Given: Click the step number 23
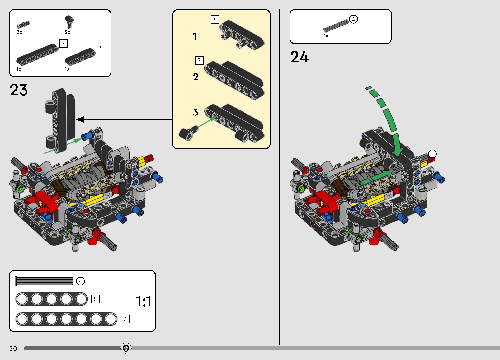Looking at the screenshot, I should tap(19, 90).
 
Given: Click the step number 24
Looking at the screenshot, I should tap(300, 57).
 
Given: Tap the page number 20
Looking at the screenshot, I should tap(13, 348).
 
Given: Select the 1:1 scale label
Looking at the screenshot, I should tap(144, 302).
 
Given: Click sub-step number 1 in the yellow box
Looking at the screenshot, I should tap(195, 36).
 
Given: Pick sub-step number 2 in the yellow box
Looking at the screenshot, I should tap(196, 77).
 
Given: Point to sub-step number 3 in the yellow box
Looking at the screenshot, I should tap(196, 112).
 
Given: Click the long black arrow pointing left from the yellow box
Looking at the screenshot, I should tap(125, 119).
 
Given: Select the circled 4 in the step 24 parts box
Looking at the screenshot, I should tap(353, 19).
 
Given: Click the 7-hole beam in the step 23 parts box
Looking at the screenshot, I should tap(37, 54).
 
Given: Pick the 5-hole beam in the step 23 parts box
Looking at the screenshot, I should tap(80, 57).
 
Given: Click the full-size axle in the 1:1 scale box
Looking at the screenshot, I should tap(44, 281).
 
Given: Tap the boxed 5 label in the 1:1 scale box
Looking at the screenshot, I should tap(95, 299).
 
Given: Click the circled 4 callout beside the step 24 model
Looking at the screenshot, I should tap(432, 154).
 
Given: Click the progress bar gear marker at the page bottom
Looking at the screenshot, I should tap(126, 348).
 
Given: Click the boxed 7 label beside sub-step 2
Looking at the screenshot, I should tap(199, 60).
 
